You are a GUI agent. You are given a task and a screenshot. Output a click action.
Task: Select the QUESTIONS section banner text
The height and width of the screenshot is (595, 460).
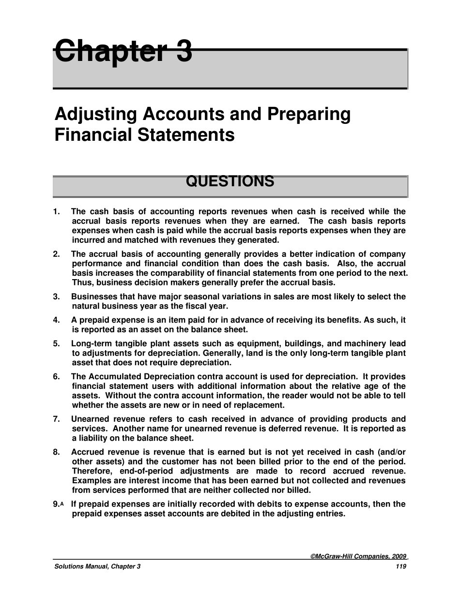click(230, 182)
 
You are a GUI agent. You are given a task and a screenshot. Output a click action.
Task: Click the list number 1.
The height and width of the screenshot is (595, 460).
click(56, 211)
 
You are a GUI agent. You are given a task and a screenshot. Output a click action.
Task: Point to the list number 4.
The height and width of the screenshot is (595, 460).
click(56, 320)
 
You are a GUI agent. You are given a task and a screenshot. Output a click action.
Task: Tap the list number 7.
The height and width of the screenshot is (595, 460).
click(56, 419)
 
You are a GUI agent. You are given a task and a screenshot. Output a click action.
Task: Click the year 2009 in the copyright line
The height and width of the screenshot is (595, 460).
click(398, 557)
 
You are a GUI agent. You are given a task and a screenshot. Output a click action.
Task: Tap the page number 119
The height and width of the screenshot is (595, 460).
click(400, 566)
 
